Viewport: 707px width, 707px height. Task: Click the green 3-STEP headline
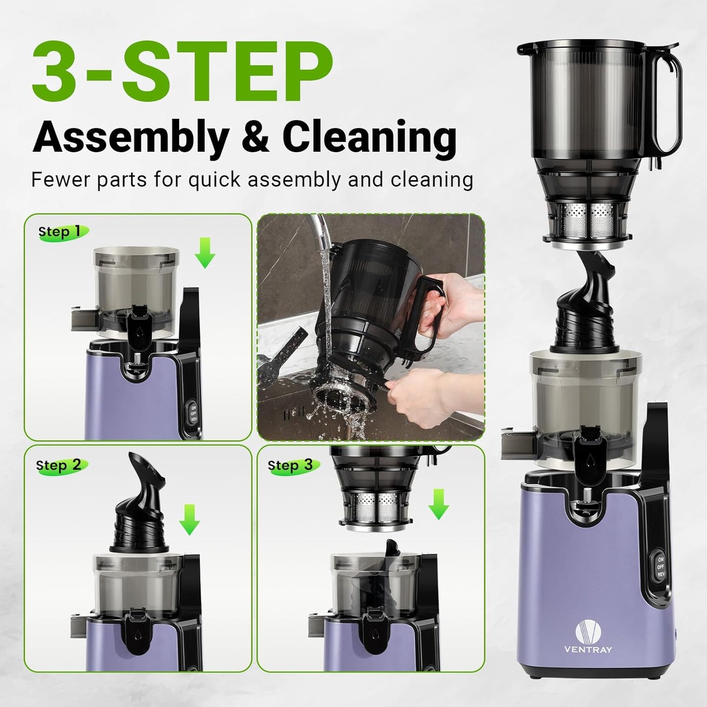(x=182, y=72)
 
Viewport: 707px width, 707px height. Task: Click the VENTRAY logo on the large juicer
(x=588, y=636)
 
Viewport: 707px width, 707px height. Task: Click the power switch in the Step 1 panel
(x=193, y=414)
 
